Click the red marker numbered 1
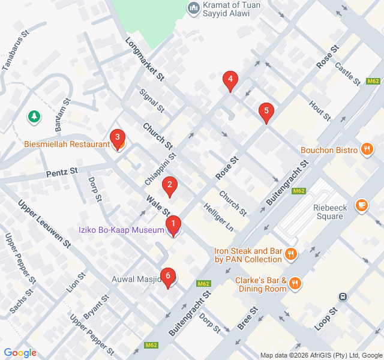[173, 226]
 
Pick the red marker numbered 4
[230, 80]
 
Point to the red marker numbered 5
[266, 112]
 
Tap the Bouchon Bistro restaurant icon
[367, 150]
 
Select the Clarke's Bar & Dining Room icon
[295, 283]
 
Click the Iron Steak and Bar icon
[291, 254]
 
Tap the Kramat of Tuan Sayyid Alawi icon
[193, 7]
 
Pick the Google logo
[20, 353]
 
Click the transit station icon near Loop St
[343, 296]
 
